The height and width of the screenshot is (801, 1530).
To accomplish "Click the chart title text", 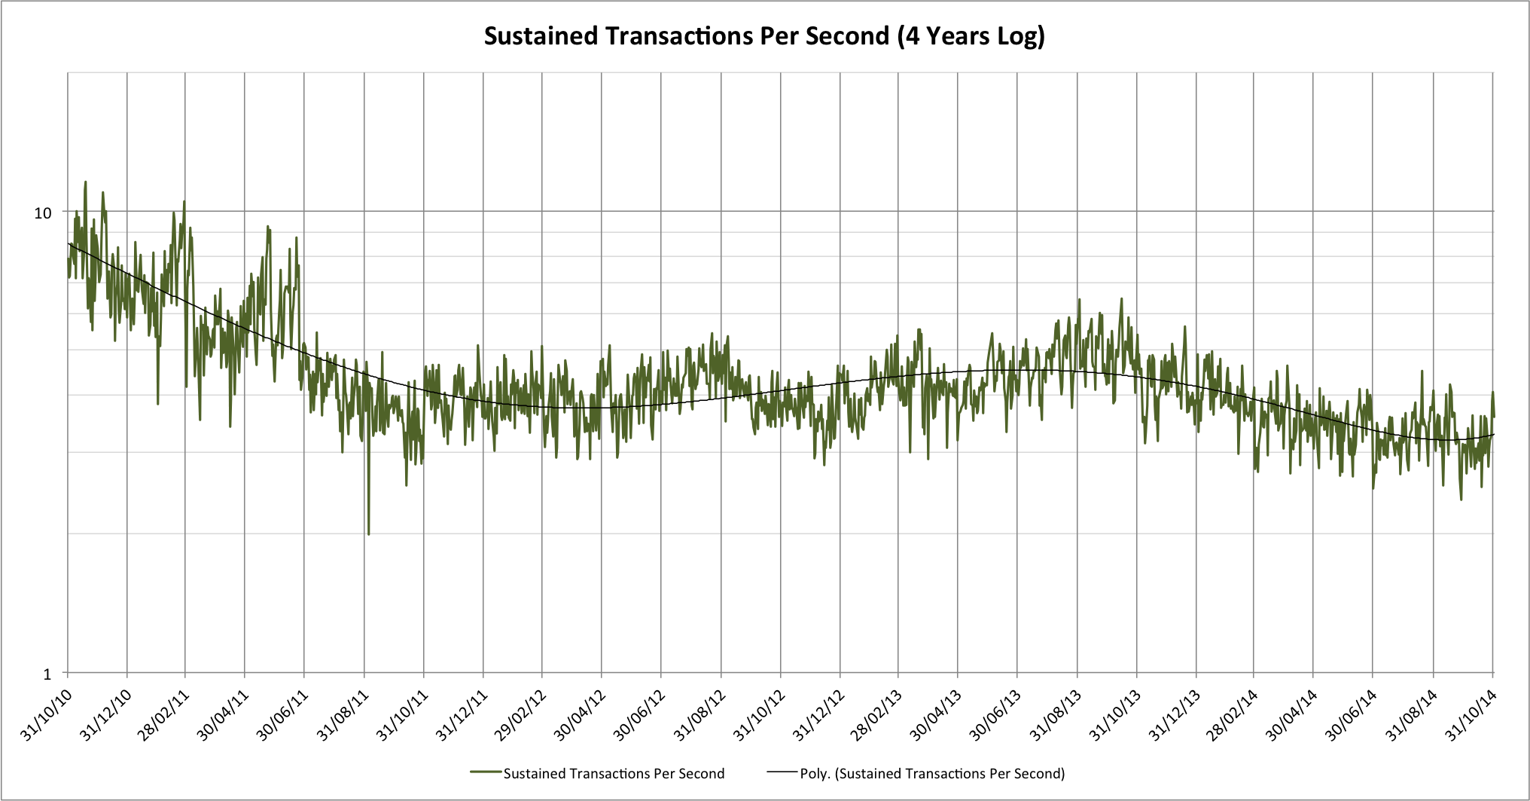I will [764, 36].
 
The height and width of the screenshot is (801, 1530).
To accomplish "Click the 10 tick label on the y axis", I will [43, 213].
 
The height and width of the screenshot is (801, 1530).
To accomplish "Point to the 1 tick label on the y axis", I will [47, 674].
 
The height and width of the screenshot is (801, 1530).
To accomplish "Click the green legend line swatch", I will [486, 772].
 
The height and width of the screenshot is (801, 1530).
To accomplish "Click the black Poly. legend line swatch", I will [782, 772].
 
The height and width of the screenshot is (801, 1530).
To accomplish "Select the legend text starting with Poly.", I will [932, 774].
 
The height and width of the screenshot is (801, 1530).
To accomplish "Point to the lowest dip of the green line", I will [368, 533].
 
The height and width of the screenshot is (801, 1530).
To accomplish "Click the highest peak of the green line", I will [85, 182].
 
